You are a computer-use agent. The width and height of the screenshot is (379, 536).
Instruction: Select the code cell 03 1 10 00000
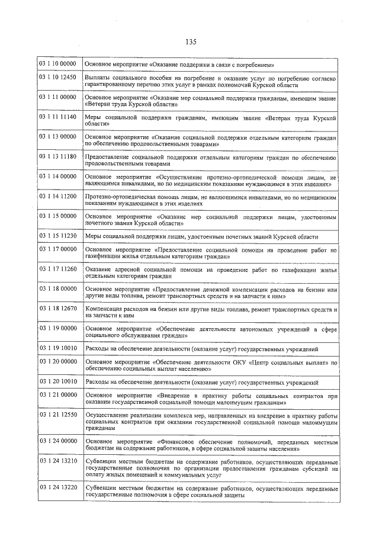(58, 63)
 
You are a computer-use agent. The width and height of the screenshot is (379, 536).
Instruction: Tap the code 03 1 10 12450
(58, 78)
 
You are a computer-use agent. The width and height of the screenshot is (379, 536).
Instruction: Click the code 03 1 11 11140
(58, 117)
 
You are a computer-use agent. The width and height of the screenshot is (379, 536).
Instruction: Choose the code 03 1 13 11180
(58, 156)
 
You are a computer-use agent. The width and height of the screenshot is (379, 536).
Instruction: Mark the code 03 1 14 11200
(58, 195)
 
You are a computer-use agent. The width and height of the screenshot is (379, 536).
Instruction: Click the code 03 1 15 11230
(58, 235)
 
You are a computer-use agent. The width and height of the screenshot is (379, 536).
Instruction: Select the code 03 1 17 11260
(58, 269)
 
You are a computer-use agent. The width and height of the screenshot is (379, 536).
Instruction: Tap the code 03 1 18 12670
(58, 308)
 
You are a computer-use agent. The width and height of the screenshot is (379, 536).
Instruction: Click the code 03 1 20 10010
(58, 381)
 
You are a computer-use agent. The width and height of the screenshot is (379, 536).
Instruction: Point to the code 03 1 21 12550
(58, 415)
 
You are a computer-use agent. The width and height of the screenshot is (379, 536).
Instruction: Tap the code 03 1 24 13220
(58, 486)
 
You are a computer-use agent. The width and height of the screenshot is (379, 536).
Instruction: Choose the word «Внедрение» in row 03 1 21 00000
(181, 394)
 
